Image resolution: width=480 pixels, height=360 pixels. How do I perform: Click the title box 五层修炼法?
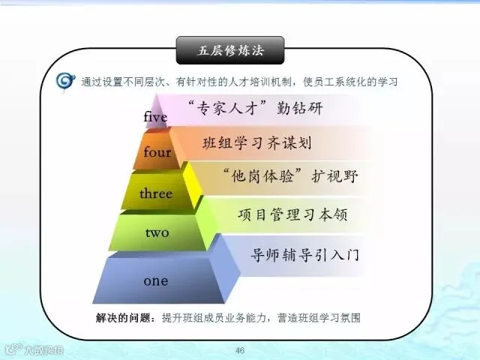click(230, 50)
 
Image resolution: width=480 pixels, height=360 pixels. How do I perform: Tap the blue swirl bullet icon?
click(65, 81)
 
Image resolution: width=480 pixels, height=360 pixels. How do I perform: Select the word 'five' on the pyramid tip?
click(155, 117)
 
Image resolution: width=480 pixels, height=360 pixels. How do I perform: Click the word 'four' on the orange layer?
click(157, 151)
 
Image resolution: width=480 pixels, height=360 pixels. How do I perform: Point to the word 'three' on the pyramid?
click(156, 193)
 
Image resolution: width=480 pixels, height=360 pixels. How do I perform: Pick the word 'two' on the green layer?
click(157, 232)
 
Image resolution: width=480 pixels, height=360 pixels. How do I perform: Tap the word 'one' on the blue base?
click(156, 281)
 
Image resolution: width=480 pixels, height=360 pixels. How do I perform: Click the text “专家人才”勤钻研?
click(255, 108)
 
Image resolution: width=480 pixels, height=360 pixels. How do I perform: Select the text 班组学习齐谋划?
click(257, 143)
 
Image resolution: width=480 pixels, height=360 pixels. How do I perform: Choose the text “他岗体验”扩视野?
click(290, 176)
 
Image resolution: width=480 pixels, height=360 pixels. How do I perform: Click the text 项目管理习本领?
click(292, 214)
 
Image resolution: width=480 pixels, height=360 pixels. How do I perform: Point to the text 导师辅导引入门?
click(304, 255)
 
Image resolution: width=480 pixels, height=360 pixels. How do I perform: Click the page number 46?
click(240, 350)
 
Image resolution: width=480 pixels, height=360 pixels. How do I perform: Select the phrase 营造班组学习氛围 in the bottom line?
click(319, 318)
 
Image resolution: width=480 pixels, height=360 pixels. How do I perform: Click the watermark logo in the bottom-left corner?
click(34, 349)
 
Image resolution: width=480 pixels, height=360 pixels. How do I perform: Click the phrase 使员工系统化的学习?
click(350, 82)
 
